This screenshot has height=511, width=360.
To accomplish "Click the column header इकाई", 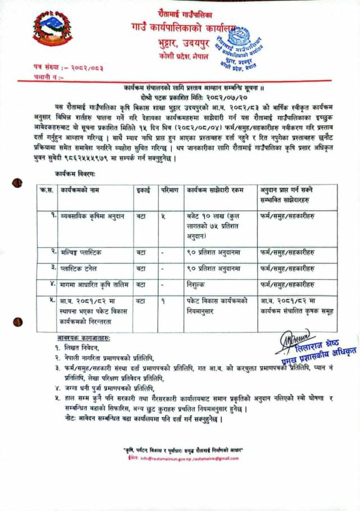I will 143,190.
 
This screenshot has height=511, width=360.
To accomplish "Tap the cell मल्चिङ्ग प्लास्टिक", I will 82,252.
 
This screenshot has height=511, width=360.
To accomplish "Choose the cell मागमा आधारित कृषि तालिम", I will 93,285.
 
